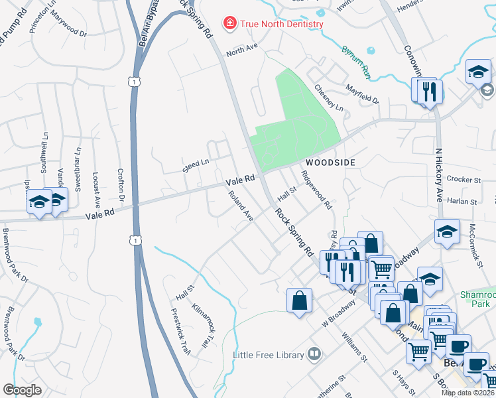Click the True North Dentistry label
pyautogui.click(x=281, y=25)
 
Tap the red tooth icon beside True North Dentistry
pyautogui.click(x=229, y=25)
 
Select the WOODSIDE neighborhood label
pyautogui.click(x=330, y=163)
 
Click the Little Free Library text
pyautogui.click(x=268, y=355)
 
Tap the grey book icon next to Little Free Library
pyautogui.click(x=314, y=355)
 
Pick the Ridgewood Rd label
pyautogui.click(x=316, y=190)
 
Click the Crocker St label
pyautogui.click(x=463, y=179)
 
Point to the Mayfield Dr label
pyautogui.click(x=362, y=94)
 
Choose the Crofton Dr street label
pyautogui.click(x=121, y=184)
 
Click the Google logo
pyautogui.click(x=23, y=390)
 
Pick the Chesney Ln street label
pyautogui.click(x=329, y=98)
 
